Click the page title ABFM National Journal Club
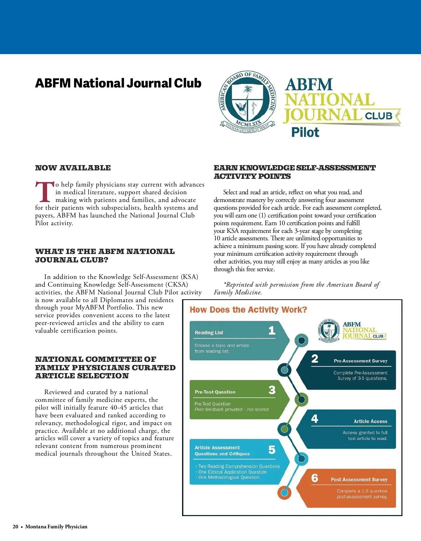[x=118, y=83]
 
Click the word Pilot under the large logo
[x=305, y=132]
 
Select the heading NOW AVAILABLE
[x=73, y=168]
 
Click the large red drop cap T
[x=45, y=192]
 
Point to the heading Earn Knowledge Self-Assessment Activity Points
[x=294, y=172]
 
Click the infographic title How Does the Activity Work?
[x=248, y=310]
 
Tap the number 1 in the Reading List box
[x=272, y=331]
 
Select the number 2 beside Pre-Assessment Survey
[x=315, y=359]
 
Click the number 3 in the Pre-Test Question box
[x=272, y=390]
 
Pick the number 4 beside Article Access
[x=315, y=419]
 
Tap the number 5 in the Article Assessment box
[x=272, y=450]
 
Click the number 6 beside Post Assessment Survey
[x=315, y=478]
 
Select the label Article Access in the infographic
[x=370, y=422]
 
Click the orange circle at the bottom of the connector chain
[x=285, y=493]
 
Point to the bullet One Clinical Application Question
[x=232, y=472]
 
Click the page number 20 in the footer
[x=15, y=527]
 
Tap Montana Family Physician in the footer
[x=56, y=527]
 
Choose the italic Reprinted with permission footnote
[x=296, y=288]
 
